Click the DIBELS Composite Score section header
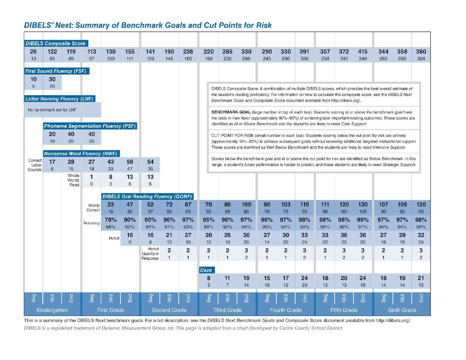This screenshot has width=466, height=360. coord(56,43)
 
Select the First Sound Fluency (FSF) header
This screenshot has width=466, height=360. coord(56,71)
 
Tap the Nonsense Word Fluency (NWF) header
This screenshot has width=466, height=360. coord(81,154)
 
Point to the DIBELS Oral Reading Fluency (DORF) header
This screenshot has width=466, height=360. coord(147,196)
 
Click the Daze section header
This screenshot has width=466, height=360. coord(206,270)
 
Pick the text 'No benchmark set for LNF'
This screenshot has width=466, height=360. coord(52,110)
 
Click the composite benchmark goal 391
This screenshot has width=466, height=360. coord(304,52)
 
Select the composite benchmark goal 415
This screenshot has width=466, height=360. coord(363,52)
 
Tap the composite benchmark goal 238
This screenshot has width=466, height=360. coord(188,52)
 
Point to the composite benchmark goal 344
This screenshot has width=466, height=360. coord(383,52)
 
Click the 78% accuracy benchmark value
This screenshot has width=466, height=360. coord(111,220)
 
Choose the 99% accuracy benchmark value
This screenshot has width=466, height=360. coord(363,220)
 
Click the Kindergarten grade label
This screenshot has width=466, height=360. coord(52,310)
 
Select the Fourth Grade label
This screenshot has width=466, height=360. coord(286,310)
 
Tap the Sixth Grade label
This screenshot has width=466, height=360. coord(402,310)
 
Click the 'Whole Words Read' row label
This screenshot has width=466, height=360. coord(73,180)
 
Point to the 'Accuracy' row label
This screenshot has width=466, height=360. coord(92,223)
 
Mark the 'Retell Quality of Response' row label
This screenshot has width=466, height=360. coord(150,254)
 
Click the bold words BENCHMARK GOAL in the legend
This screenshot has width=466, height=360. coord(231,112)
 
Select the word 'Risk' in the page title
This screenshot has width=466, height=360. coord(264,25)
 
